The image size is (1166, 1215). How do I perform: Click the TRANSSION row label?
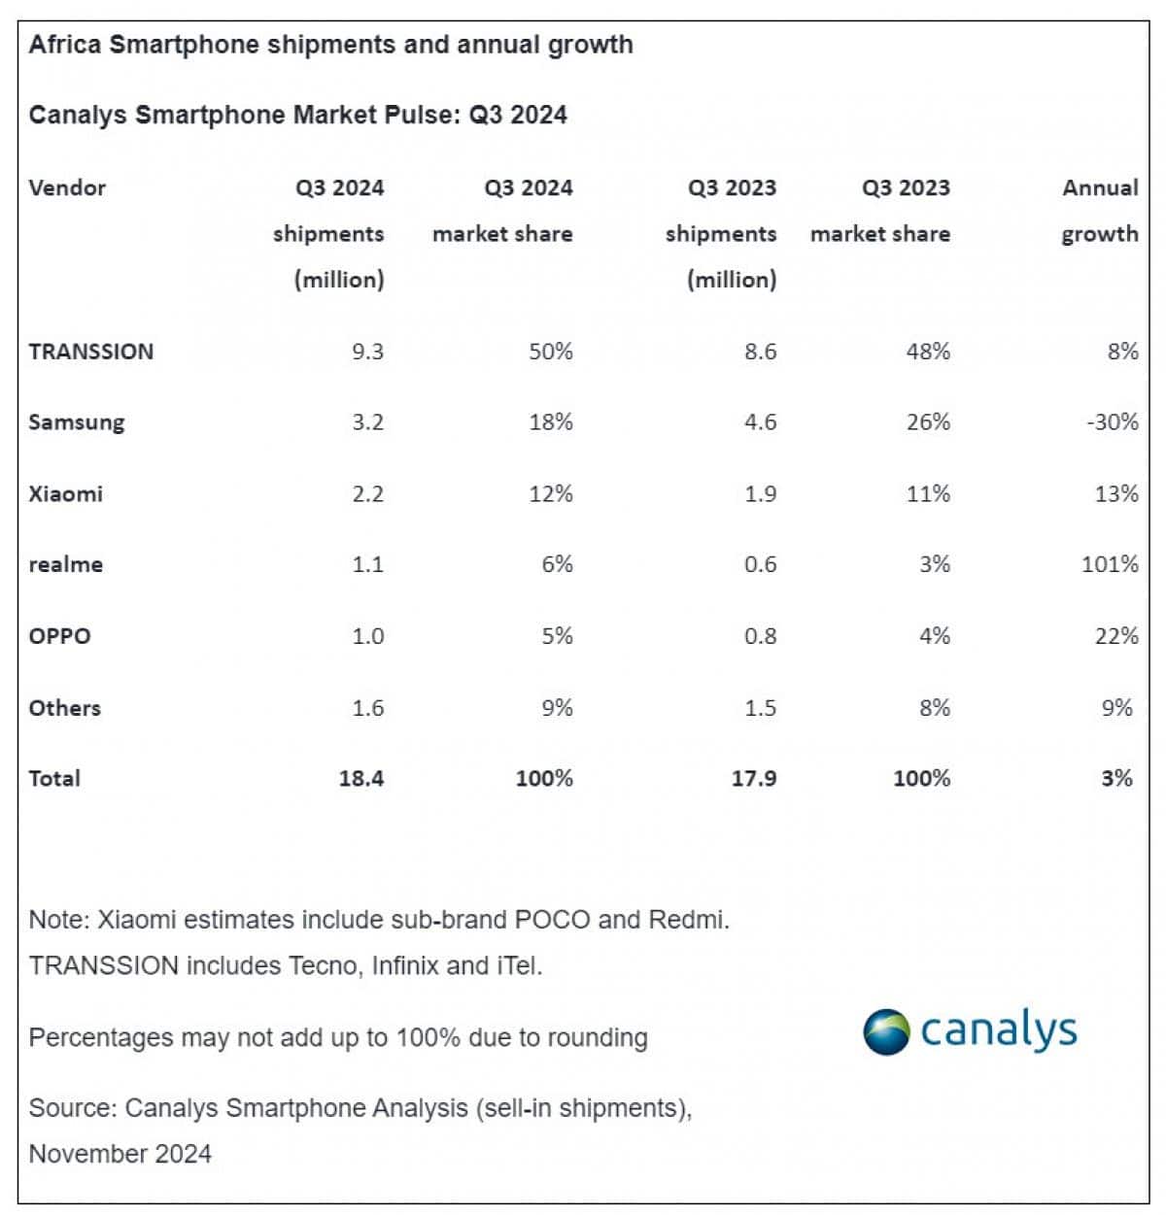(91, 352)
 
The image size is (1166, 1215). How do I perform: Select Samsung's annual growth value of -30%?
(1113, 422)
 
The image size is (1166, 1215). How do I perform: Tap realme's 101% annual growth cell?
(1110, 564)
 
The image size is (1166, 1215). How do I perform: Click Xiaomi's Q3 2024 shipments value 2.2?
(367, 493)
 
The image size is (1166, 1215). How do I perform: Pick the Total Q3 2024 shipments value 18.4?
(361, 778)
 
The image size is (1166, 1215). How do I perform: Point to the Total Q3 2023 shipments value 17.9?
(754, 778)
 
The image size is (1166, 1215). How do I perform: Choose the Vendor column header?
(67, 187)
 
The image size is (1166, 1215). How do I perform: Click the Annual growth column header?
(1100, 211)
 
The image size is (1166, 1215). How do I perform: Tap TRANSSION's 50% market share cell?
(551, 352)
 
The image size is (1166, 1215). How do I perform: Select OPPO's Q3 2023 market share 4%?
(935, 636)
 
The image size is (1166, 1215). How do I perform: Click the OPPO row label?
(59, 636)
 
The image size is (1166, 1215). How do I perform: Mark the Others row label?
(64, 707)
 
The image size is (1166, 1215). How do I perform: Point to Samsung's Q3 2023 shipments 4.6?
(760, 422)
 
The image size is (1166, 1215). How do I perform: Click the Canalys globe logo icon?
(885, 1031)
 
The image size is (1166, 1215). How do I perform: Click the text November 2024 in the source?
(120, 1153)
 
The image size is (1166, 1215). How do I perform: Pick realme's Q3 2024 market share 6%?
(558, 564)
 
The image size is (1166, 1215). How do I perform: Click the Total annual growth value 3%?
(1117, 778)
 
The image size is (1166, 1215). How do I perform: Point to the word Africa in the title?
(65, 45)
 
